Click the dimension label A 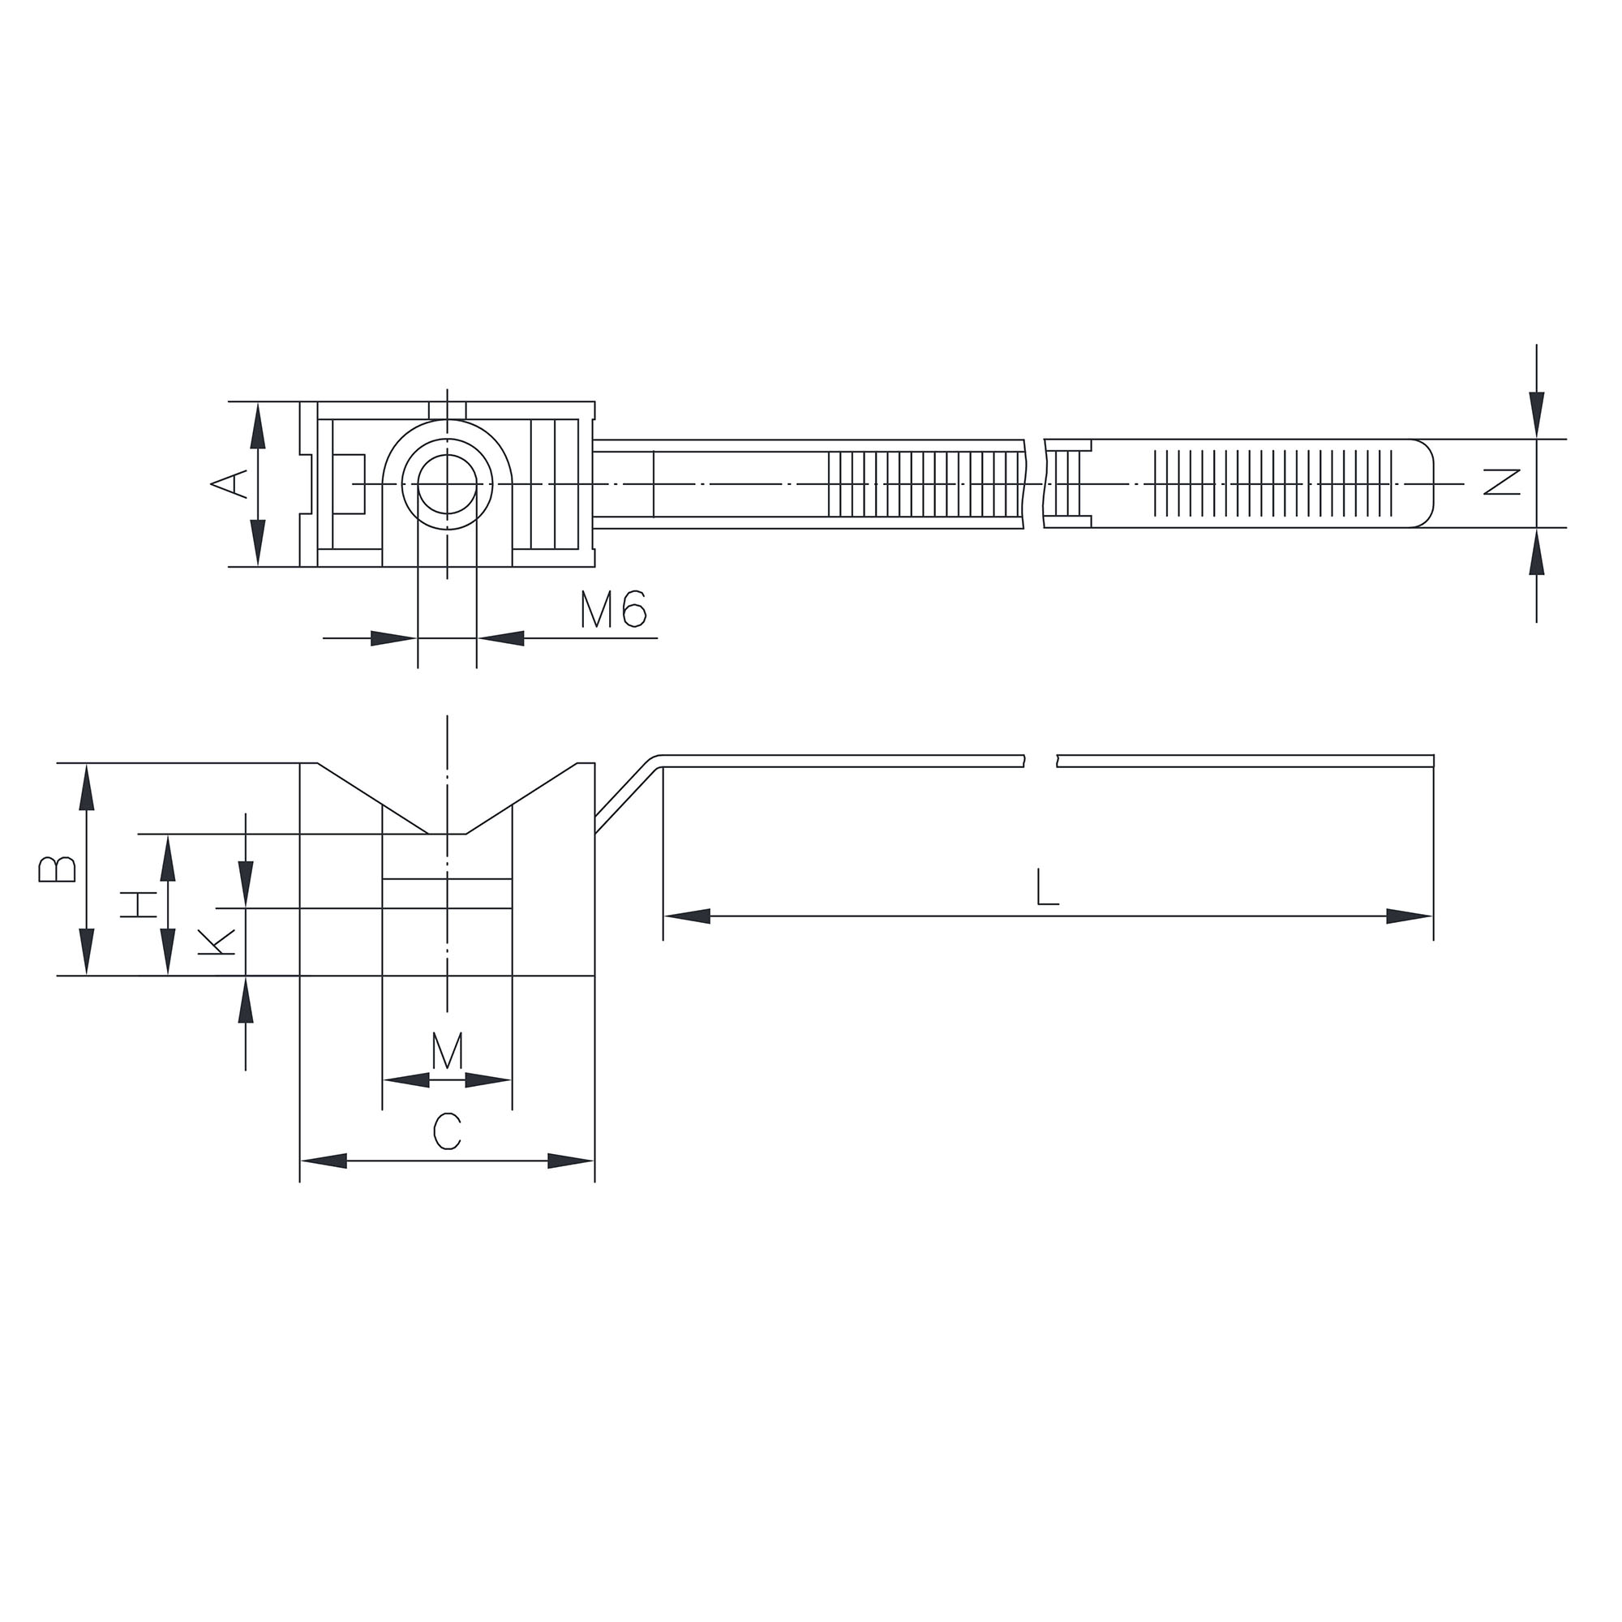point(229,483)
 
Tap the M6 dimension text point(613,610)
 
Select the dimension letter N point(1502,482)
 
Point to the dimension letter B point(57,869)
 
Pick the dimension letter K point(216,942)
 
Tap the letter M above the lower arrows point(448,1051)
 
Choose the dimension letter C point(447,1131)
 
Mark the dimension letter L point(1047,886)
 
